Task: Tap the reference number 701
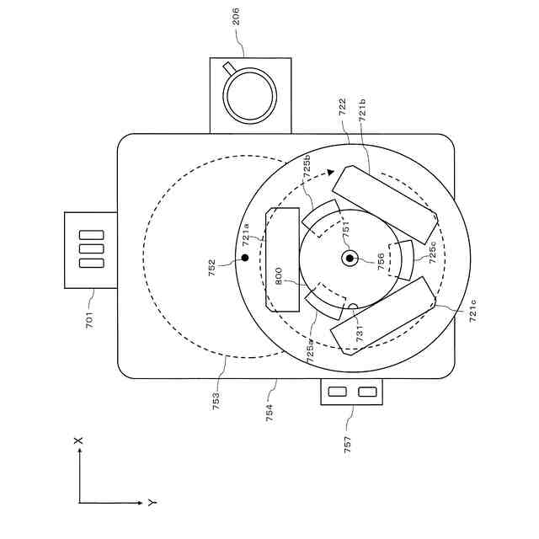(89, 320)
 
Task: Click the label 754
(269, 411)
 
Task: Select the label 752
(212, 268)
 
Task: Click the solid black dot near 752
(244, 257)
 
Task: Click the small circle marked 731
(353, 307)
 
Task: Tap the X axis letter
(78, 440)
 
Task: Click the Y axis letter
(151, 503)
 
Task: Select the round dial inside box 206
(249, 94)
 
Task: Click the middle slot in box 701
(91, 249)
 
